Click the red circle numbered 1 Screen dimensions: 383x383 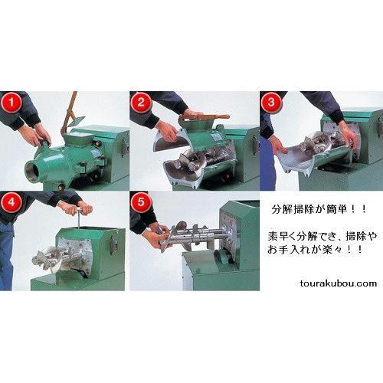pyautogui.click(x=11, y=103)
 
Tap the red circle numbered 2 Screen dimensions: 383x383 pyautogui.click(x=141, y=103)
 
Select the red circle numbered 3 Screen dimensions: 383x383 pyautogui.click(x=271, y=103)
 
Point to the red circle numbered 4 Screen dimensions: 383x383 pyautogui.click(x=11, y=202)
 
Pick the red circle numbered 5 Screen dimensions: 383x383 pyautogui.click(x=141, y=202)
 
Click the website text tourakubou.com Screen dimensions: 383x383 pyautogui.click(x=339, y=283)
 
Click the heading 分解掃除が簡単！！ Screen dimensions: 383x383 pyautogui.click(x=319, y=210)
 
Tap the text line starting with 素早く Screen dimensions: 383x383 pyautogui.click(x=322, y=237)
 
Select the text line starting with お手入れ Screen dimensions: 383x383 pyautogui.click(x=315, y=250)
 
